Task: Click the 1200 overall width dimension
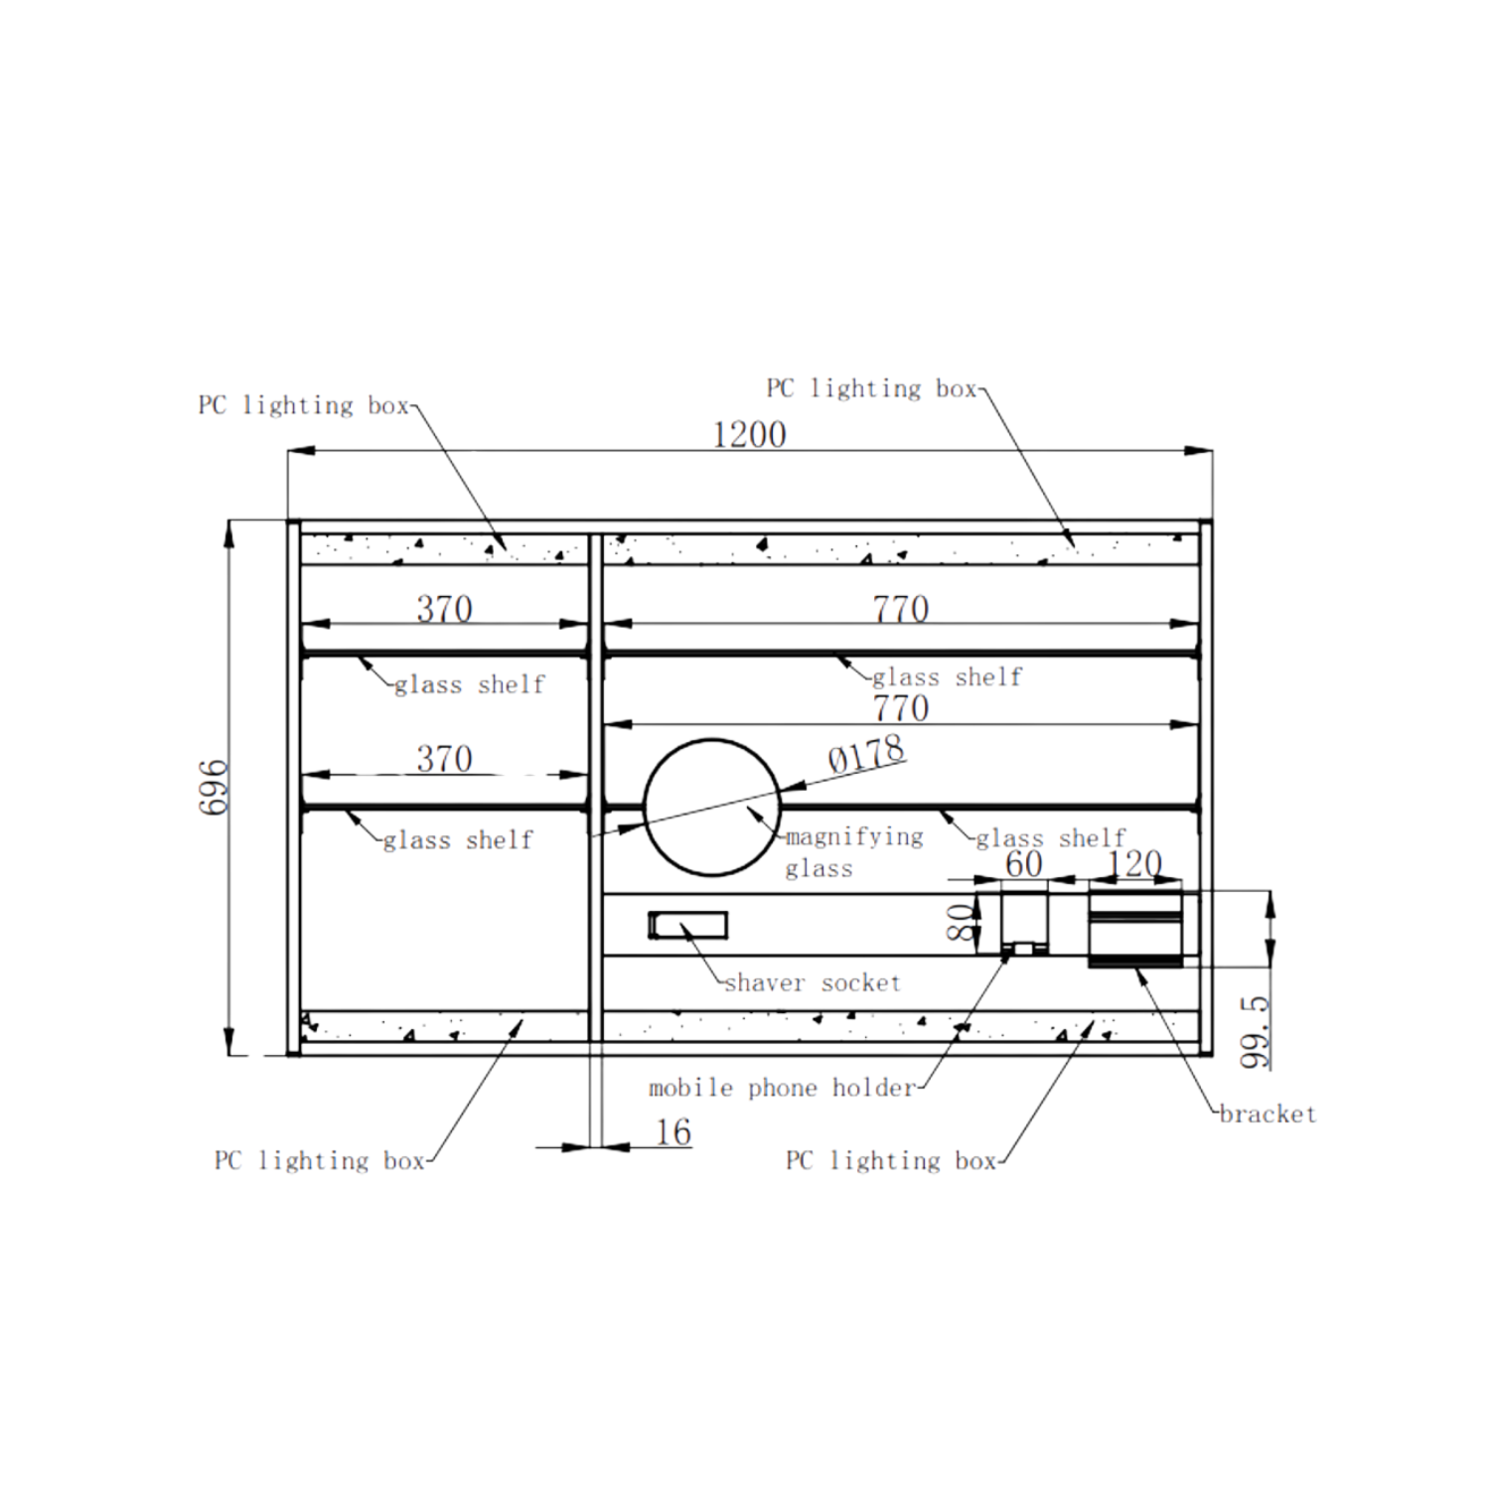750,435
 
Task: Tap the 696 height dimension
215,788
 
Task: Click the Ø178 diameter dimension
866,755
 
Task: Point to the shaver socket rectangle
687,925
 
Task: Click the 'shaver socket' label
813,983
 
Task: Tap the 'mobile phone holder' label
782,1089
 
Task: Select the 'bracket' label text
1267,1115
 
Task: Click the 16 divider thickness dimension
672,1132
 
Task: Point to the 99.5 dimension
1256,1033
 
